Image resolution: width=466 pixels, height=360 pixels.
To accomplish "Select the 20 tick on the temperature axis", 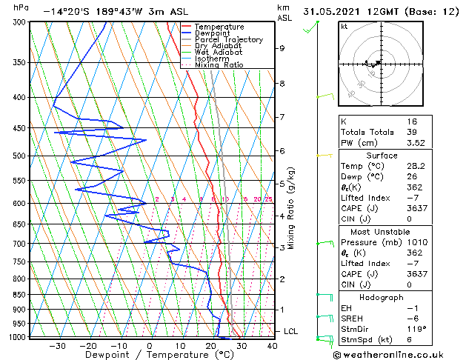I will pyautogui.click(x=211, y=345).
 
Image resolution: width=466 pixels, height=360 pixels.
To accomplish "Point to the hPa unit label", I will pyautogui.click(x=21, y=7).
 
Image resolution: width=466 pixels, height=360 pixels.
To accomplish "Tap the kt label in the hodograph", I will pyautogui.click(x=344, y=27).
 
